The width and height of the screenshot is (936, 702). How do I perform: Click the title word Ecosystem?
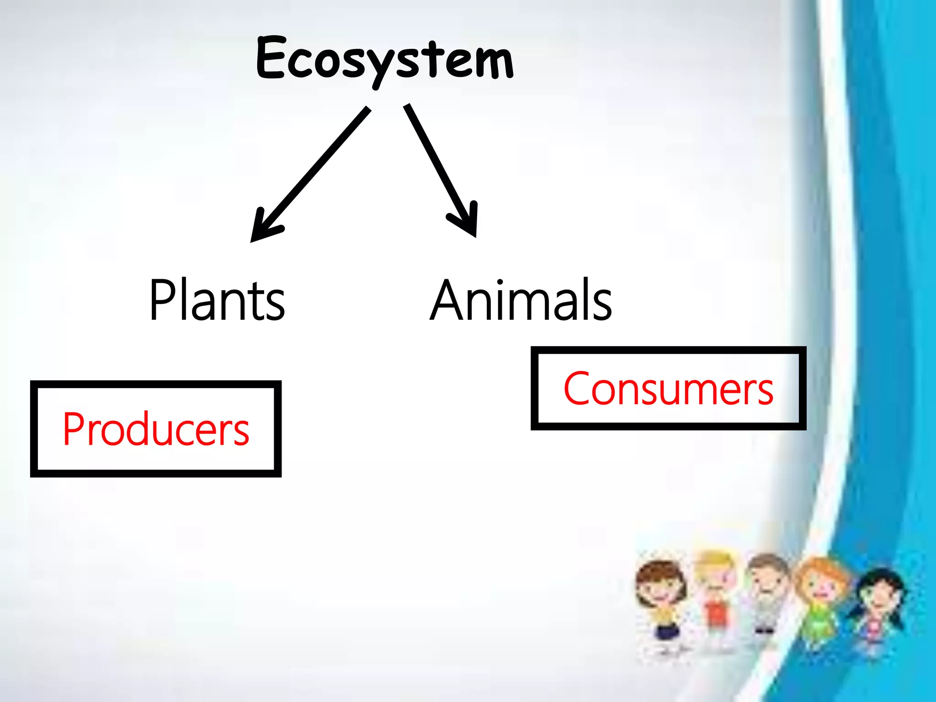[x=385, y=60]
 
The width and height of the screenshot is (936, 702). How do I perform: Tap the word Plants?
[x=217, y=299]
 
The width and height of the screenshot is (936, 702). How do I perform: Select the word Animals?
[x=521, y=299]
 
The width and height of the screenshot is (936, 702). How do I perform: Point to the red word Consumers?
[x=668, y=388]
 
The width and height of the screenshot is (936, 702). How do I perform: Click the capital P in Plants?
[x=162, y=299]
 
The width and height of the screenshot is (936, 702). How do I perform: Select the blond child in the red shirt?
[x=713, y=599]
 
